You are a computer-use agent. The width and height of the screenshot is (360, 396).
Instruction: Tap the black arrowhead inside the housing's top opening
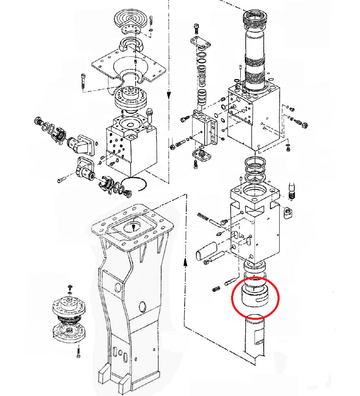pos(134,227)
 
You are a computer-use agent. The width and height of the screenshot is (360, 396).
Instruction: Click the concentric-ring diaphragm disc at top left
pos(131,18)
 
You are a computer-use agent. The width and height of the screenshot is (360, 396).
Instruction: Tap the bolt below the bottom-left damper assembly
pos(79,352)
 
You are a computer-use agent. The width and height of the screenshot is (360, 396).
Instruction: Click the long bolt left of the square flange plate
pos(83,79)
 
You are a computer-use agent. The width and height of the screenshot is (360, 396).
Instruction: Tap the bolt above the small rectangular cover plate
pos(197,29)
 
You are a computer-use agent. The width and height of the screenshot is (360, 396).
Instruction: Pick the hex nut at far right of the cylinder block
pos(305,125)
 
